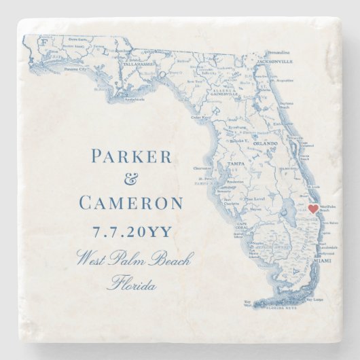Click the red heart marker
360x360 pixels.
pyautogui.click(x=312, y=209)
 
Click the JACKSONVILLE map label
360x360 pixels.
pyautogui.click(x=275, y=61)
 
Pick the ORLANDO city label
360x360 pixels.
pyautogui.click(x=267, y=144)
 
